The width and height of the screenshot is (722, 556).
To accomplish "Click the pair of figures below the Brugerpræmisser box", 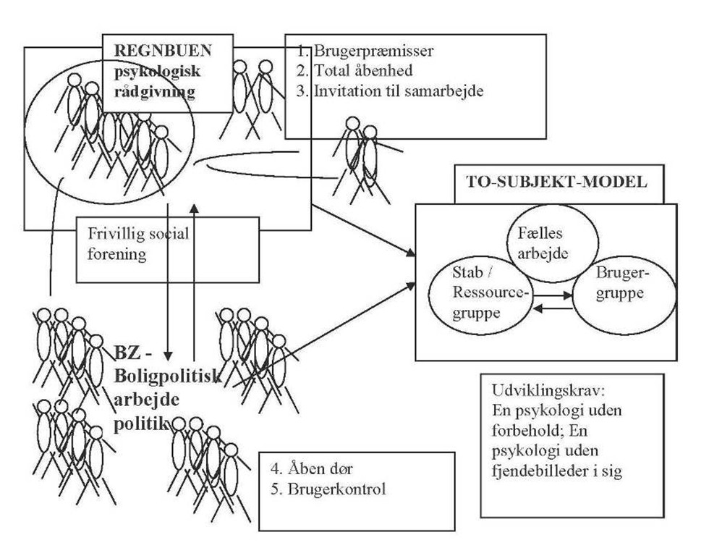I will tap(362, 159).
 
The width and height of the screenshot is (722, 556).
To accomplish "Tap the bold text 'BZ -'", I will tap(130, 354).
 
